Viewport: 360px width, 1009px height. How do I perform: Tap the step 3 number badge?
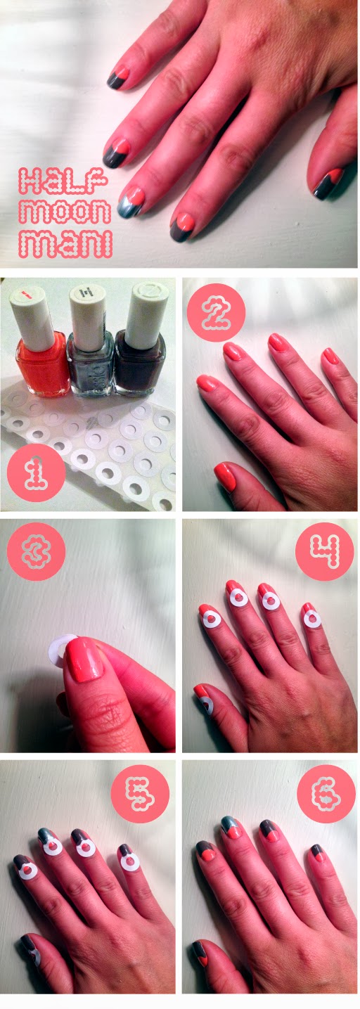(x=37, y=551)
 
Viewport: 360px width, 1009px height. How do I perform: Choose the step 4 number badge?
(x=324, y=551)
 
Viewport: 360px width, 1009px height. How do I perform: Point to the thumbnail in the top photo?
(x=328, y=183)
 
